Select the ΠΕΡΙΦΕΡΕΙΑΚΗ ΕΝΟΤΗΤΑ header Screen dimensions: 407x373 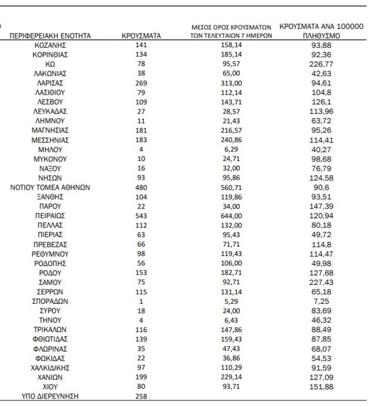tap(50, 36)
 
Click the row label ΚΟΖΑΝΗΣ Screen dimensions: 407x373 tap(50, 45)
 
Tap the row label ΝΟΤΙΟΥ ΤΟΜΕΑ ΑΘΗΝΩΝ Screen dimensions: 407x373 tap(50, 187)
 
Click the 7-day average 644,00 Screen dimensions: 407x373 tap(228, 216)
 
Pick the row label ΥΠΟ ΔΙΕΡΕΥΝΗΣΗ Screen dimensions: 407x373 tap(50, 396)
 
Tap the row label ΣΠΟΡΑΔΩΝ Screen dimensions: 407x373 tap(50, 301)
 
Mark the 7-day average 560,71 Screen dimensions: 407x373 tap(228, 187)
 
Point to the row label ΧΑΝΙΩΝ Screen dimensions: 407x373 tap(50, 377)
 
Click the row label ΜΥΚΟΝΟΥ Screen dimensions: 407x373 tap(50, 159)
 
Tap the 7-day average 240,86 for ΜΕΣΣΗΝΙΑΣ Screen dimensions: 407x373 tap(228, 140)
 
